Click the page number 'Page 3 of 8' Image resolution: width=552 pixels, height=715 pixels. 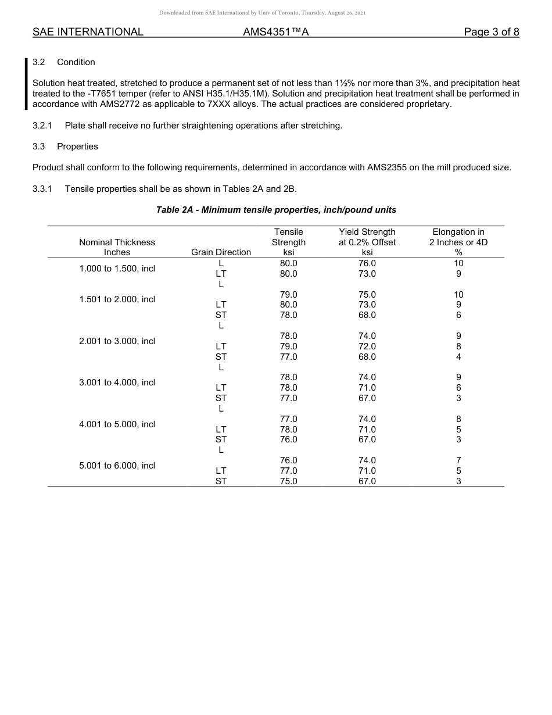click(x=491, y=32)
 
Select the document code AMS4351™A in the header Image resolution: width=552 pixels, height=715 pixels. click(x=275, y=32)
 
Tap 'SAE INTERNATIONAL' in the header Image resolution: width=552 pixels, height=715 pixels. click(x=88, y=32)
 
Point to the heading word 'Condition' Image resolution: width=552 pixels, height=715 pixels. click(x=76, y=62)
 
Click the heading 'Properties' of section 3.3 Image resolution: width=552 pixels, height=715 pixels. click(x=77, y=146)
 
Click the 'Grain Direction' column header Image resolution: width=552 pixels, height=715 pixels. click(x=221, y=252)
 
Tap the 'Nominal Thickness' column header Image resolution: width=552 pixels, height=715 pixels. click(x=117, y=242)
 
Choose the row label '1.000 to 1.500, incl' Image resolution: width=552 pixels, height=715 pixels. click(x=117, y=269)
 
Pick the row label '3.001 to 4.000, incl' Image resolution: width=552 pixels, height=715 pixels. click(x=117, y=382)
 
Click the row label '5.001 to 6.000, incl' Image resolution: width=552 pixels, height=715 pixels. click(x=117, y=466)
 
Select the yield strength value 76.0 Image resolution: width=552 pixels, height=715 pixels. click(x=367, y=263)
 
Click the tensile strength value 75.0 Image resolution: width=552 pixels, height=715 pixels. click(x=289, y=481)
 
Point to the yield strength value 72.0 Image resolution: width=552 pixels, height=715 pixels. click(x=367, y=346)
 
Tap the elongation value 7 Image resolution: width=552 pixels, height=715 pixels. click(x=458, y=460)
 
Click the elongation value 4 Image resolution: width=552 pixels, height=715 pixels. click(x=458, y=357)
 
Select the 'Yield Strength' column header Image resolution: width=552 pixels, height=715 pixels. click(x=367, y=232)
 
